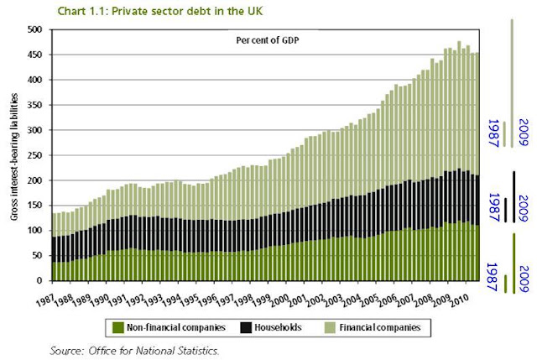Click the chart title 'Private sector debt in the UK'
click(x=187, y=11)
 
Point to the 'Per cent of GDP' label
click(x=268, y=40)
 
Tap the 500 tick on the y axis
click(x=34, y=30)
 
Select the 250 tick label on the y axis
click(x=34, y=155)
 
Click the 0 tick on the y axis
click(x=39, y=280)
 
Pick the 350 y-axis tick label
click(x=34, y=105)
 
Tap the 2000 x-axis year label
click(x=279, y=300)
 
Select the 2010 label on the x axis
click(x=459, y=300)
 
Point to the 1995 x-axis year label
click(x=190, y=300)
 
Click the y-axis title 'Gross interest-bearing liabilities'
click(x=13, y=157)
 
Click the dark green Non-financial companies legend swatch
click(x=117, y=327)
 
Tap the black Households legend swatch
click(x=246, y=327)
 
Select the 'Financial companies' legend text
click(x=380, y=327)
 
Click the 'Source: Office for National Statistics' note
click(x=134, y=351)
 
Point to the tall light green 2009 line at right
click(x=512, y=83)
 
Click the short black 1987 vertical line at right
click(x=505, y=210)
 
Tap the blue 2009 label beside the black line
click(x=524, y=209)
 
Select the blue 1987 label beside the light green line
click(x=493, y=133)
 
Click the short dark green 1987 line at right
click(x=505, y=284)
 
